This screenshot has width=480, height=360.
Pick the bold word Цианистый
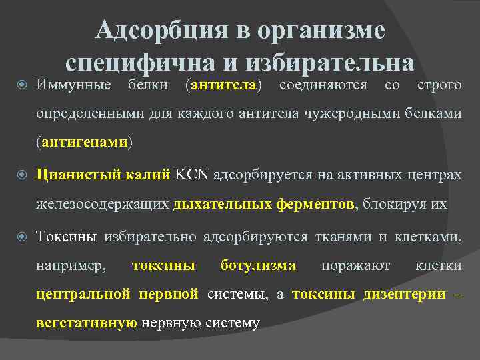click(x=75, y=175)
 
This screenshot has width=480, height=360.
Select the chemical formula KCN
click(x=191, y=175)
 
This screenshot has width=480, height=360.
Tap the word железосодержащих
click(x=103, y=204)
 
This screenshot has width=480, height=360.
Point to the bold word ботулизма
click(x=258, y=265)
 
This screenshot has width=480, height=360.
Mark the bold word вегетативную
click(x=87, y=323)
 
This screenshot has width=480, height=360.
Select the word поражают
click(x=356, y=265)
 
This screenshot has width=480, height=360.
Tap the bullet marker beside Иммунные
click(x=21, y=85)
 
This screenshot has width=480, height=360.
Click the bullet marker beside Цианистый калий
click(x=21, y=175)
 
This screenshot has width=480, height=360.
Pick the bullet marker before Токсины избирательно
click(x=21, y=237)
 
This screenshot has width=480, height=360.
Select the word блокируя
click(x=393, y=204)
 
